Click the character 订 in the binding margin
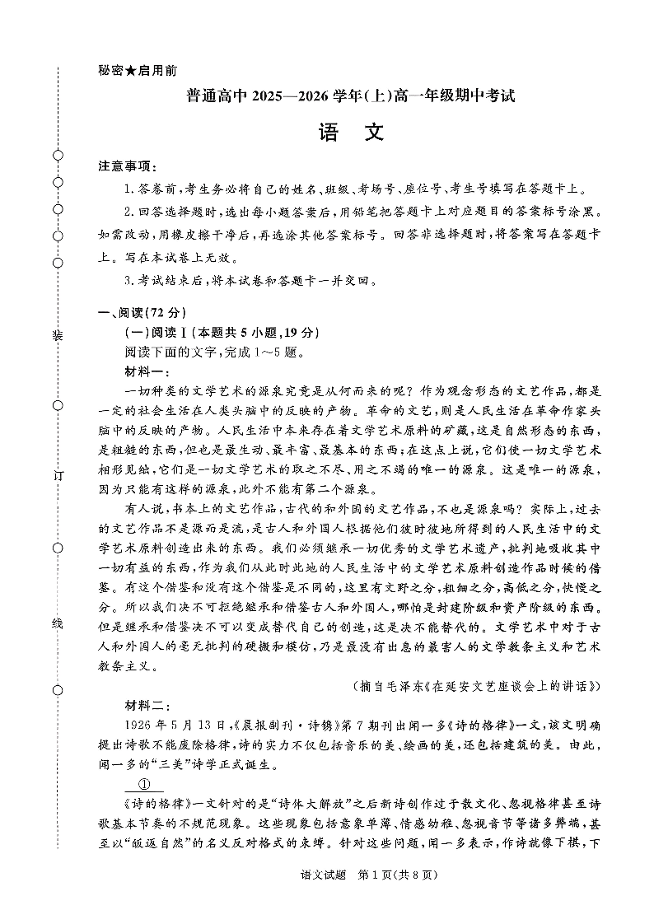(58, 476)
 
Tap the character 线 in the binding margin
(58, 623)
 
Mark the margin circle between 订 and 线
(58, 548)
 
